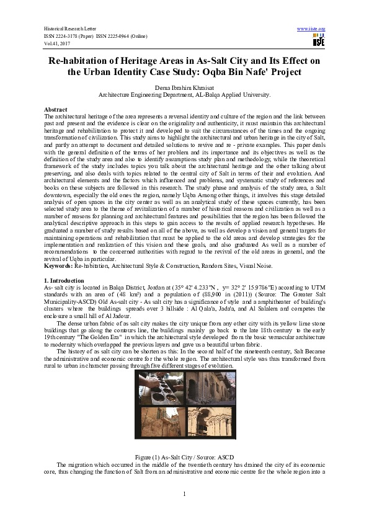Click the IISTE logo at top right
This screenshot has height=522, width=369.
click(x=319, y=41)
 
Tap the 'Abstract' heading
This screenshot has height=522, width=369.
click(x=56, y=108)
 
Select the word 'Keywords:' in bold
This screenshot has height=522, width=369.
click(x=59, y=283)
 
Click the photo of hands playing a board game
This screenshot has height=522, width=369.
click(x=160, y=387)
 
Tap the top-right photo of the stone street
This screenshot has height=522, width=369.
click(x=208, y=387)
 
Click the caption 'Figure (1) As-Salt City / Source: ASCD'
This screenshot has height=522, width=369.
click(x=184, y=456)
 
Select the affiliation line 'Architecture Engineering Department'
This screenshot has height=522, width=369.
click(x=184, y=95)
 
